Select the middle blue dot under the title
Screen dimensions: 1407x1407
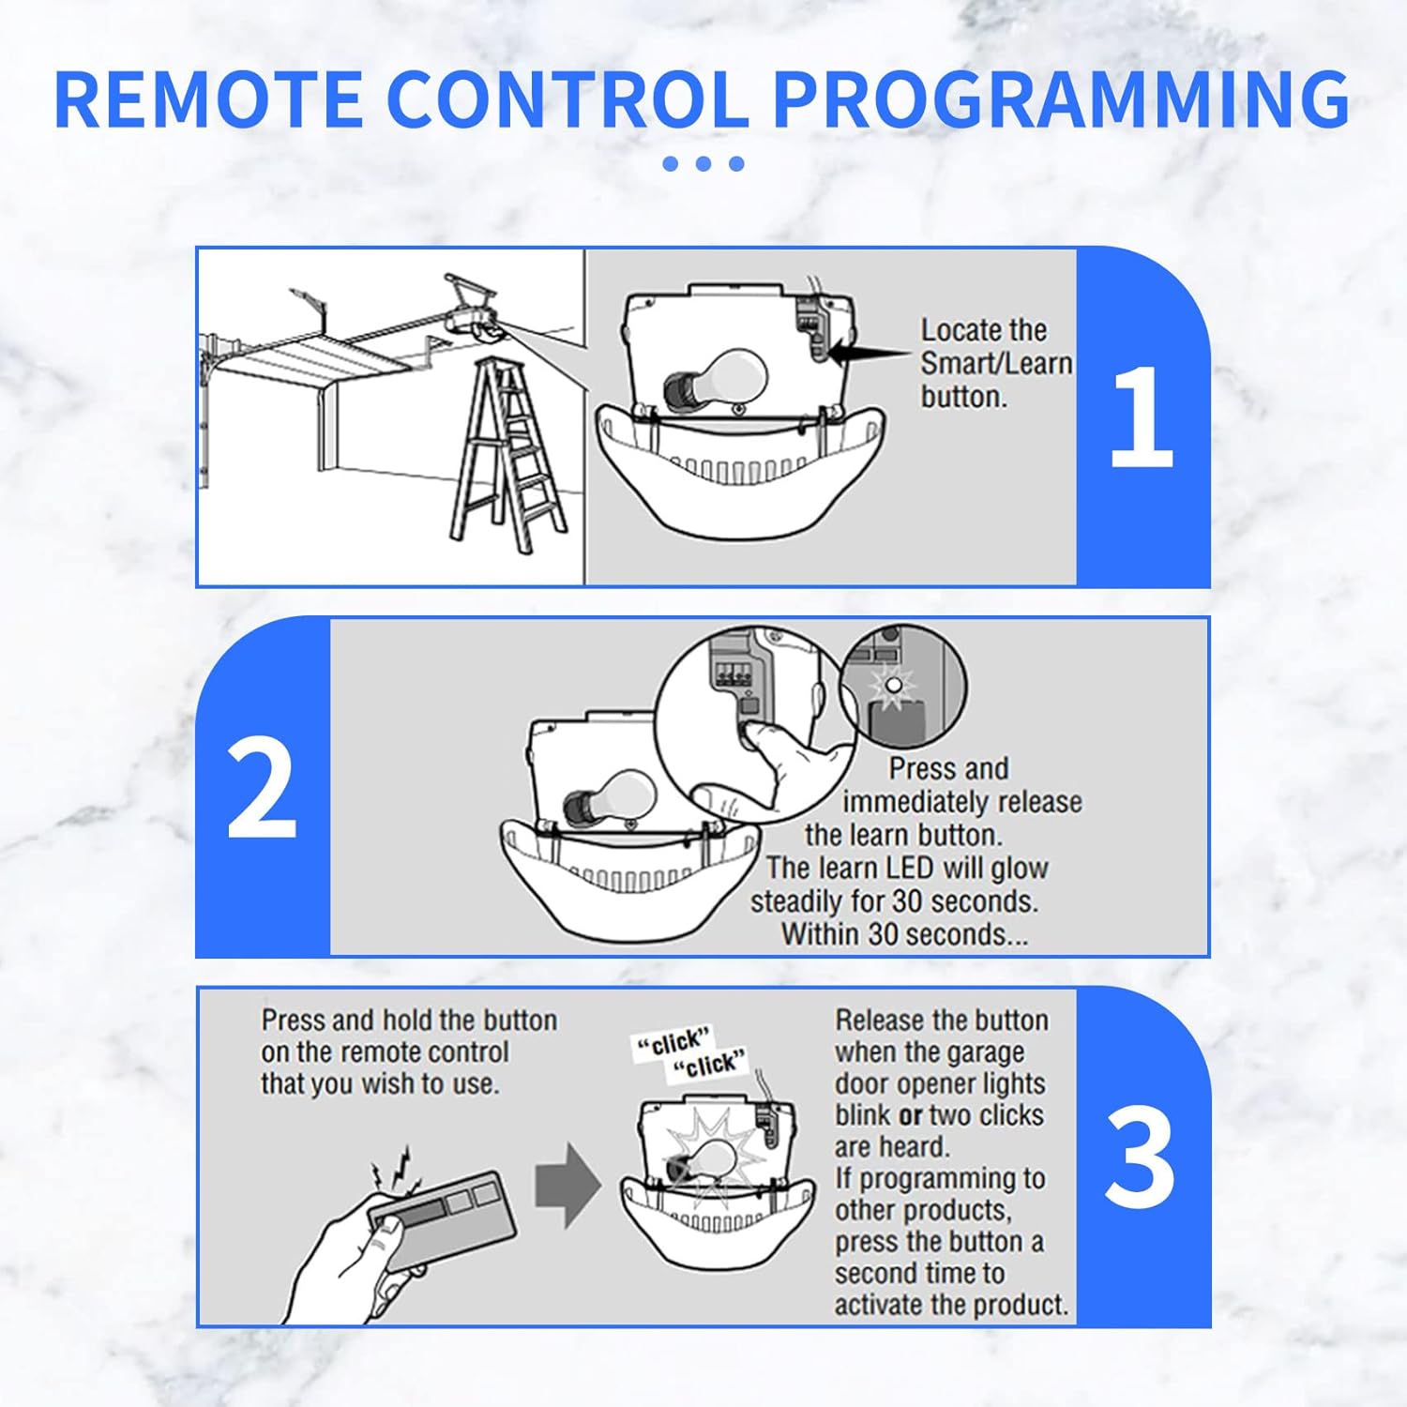(x=703, y=163)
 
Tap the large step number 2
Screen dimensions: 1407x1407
(x=262, y=788)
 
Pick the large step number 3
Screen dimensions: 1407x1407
(x=1139, y=1158)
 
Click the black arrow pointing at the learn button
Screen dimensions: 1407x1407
(x=868, y=355)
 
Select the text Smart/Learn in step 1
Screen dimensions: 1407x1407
(x=996, y=363)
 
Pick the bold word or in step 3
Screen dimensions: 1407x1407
(x=910, y=1115)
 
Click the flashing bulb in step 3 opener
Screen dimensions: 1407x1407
(x=709, y=1161)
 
